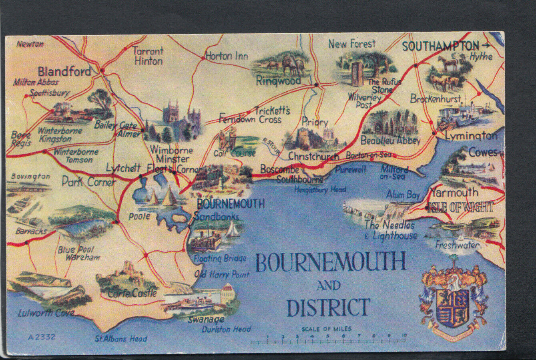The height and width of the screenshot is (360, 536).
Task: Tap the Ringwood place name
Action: click(278, 81)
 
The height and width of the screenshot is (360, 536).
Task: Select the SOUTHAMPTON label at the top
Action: click(440, 46)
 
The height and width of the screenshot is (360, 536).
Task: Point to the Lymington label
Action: click(471, 136)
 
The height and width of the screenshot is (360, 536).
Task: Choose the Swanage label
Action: click(206, 320)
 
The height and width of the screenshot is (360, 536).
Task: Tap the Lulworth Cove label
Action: click(46, 313)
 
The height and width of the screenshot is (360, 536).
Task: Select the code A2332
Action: click(42, 337)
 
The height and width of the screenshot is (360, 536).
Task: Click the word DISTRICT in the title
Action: click(328, 308)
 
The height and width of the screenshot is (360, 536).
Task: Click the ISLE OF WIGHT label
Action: click(460, 207)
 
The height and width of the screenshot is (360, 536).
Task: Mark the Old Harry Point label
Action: click(222, 275)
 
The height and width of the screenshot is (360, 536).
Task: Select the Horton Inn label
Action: click(227, 56)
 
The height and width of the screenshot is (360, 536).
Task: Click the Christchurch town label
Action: click(313, 156)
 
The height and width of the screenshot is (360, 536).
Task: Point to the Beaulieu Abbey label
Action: click(390, 141)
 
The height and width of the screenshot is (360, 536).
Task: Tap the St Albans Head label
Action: click(121, 339)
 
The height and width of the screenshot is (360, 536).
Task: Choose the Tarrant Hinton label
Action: click(148, 56)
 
